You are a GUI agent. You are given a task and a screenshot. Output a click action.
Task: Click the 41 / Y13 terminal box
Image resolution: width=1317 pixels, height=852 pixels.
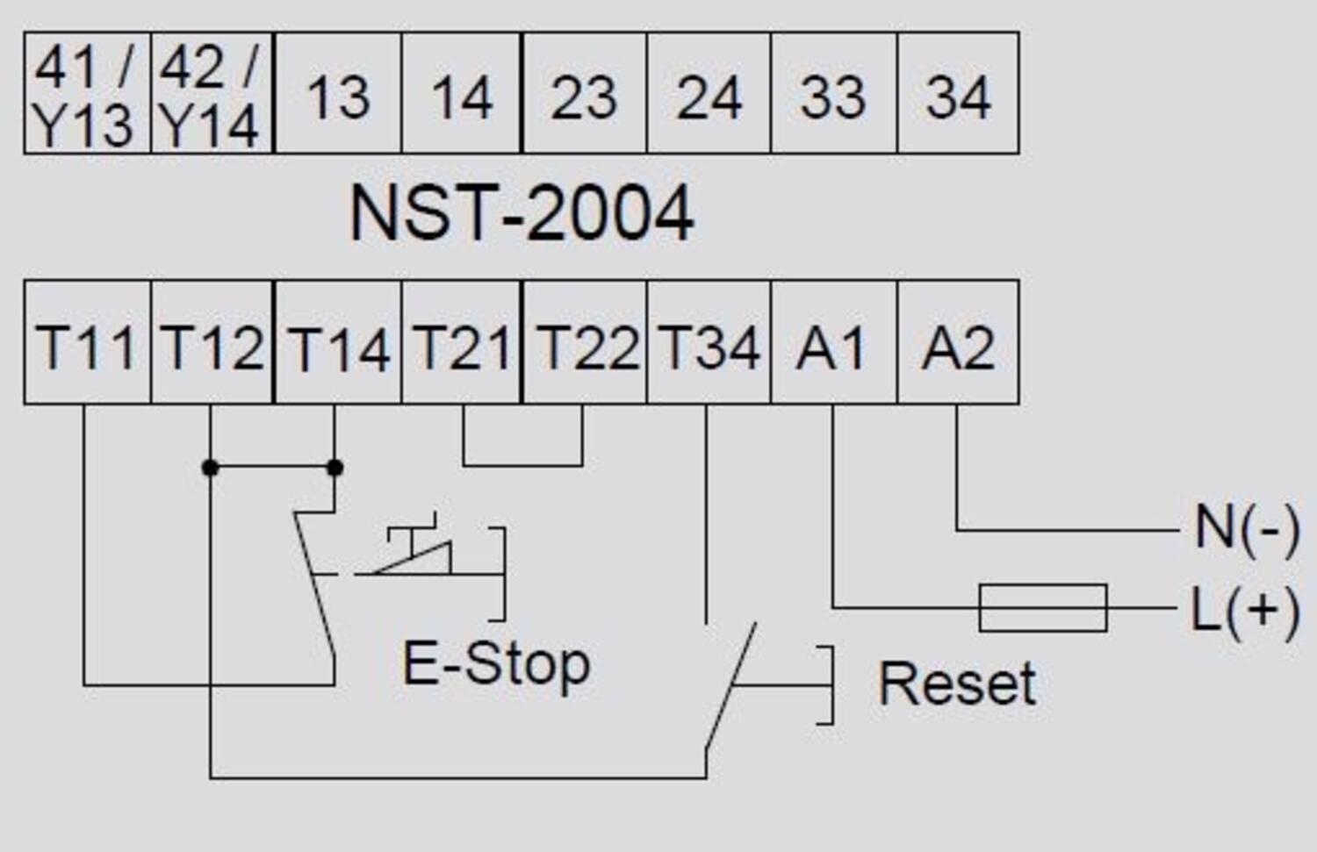tap(86, 93)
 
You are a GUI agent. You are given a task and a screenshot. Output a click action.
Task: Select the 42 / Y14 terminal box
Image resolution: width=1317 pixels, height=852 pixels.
tap(212, 93)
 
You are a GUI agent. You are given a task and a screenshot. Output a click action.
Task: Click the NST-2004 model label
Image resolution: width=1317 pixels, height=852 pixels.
tap(522, 213)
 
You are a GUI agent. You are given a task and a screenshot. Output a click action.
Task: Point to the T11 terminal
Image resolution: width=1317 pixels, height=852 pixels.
tap(86, 344)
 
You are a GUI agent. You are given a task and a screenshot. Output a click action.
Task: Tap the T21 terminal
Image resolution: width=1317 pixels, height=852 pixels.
tap(462, 344)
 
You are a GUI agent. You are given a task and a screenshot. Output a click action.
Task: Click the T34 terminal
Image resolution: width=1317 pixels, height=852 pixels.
tap(709, 344)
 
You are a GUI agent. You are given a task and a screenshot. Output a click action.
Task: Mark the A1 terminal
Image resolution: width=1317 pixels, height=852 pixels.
tap(832, 344)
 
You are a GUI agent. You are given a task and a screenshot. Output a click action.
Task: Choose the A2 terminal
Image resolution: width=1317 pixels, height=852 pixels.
tap(958, 344)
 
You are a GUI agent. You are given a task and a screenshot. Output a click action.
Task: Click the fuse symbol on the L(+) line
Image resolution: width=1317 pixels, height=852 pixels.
tap(1042, 607)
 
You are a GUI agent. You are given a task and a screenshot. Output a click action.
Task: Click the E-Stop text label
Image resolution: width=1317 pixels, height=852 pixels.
tap(496, 664)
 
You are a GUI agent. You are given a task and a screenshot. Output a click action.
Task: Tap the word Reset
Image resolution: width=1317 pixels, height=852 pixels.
tap(957, 684)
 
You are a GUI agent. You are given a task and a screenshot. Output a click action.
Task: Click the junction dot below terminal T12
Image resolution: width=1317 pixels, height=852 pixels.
tap(210, 468)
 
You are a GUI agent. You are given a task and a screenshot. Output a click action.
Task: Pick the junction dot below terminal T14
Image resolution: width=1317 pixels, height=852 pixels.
tap(335, 468)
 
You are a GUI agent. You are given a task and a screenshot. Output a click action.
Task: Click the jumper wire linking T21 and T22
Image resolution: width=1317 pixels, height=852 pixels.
tap(522, 464)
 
